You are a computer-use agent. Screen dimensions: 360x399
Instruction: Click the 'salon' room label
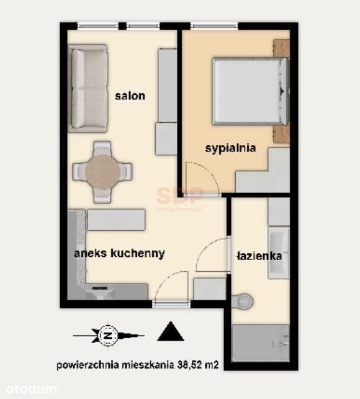(x=130, y=96)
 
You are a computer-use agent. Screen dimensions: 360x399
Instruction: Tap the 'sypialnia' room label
(x=230, y=148)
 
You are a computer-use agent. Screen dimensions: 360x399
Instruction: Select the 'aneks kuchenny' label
(x=119, y=253)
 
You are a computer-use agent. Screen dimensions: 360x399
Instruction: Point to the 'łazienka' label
(x=259, y=256)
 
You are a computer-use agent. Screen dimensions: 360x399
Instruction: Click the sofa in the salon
(x=88, y=89)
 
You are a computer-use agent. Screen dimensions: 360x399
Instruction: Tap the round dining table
(x=102, y=172)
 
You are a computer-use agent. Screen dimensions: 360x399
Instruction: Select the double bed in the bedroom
(x=251, y=91)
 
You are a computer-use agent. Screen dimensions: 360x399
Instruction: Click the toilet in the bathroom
(x=243, y=302)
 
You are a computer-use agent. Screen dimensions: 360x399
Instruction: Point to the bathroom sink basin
(x=279, y=253)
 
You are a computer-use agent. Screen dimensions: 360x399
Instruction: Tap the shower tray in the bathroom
(x=261, y=343)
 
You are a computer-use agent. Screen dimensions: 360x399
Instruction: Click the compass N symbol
(x=108, y=336)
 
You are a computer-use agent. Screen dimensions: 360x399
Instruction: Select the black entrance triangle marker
(x=171, y=331)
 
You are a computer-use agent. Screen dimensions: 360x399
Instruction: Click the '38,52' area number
(x=190, y=365)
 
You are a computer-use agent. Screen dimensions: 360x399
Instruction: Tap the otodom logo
(x=31, y=390)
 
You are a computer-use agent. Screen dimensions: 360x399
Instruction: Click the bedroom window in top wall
(x=214, y=25)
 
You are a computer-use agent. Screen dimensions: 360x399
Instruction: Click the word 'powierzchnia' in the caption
(x=88, y=365)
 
